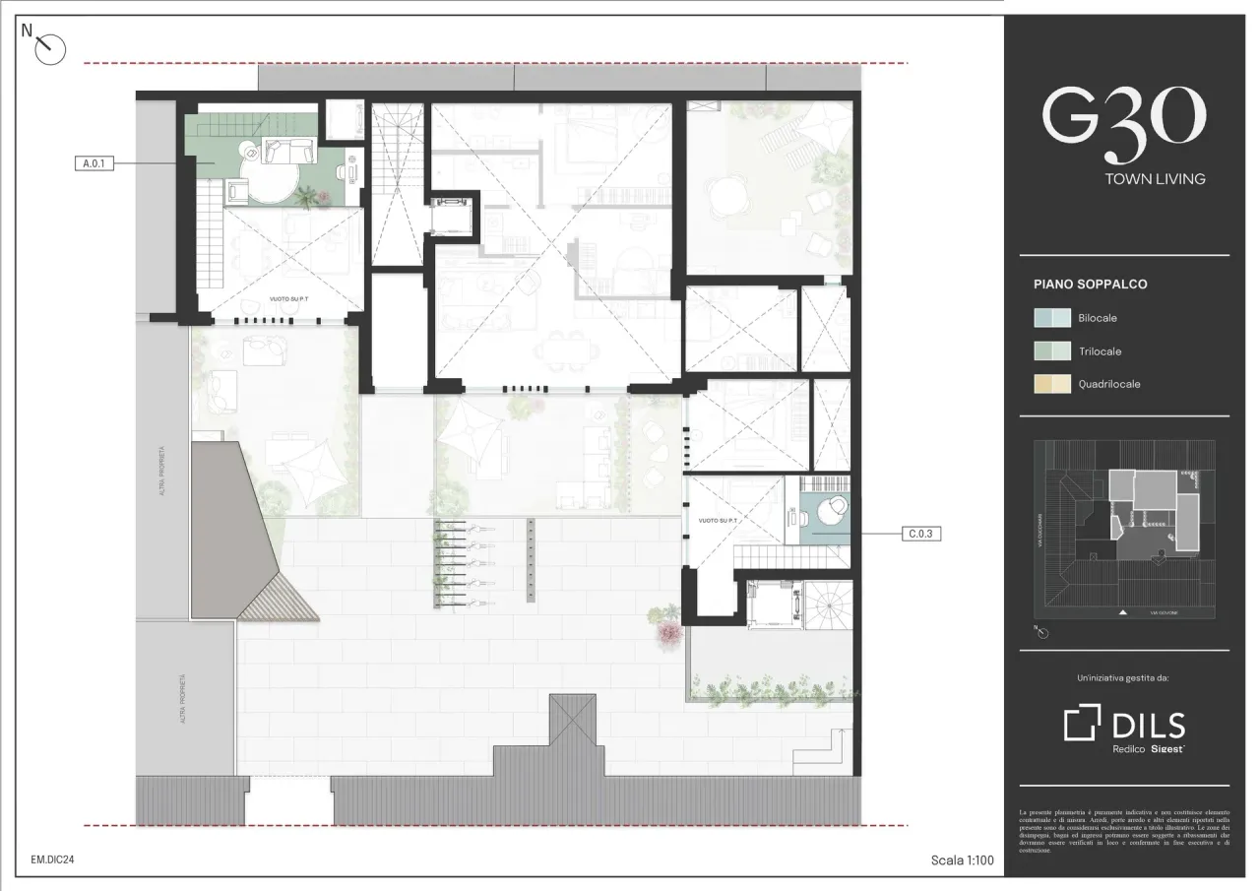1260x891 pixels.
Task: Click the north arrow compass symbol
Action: [x=49, y=47]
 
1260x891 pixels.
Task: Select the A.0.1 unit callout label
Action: [x=94, y=164]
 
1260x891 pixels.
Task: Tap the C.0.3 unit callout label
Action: [x=921, y=534]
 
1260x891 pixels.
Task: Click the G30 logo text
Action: [x=1123, y=123]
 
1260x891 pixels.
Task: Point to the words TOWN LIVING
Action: [x=1155, y=179]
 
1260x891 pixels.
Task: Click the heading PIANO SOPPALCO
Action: [x=1090, y=285]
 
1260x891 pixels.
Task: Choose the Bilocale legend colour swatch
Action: [x=1051, y=318]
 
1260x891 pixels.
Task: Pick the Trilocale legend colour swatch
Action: [x=1051, y=351]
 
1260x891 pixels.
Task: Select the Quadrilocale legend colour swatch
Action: [x=1051, y=384]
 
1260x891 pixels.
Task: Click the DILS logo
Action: [x=1124, y=726]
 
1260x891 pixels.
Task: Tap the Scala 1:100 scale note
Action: [x=962, y=860]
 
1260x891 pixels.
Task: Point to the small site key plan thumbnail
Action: [x=1124, y=529]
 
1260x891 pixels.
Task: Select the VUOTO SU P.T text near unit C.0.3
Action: [x=718, y=520]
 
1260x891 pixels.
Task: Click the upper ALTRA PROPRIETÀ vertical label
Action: [x=161, y=470]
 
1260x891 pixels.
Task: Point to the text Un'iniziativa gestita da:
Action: [x=1124, y=677]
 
